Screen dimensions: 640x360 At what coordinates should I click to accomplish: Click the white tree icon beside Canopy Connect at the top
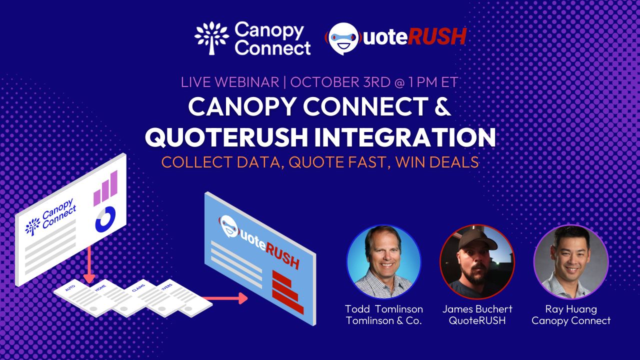coord(211,38)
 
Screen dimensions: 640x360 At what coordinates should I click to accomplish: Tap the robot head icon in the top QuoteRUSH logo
coord(343,38)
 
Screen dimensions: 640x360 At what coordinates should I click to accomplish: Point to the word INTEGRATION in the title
coord(403,137)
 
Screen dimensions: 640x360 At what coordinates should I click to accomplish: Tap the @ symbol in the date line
coord(400,82)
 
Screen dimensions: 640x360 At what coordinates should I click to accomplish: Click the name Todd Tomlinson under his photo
coord(384,309)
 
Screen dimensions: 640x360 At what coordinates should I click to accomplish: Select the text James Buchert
coord(477,309)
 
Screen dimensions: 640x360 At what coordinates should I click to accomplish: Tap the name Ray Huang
coord(571,309)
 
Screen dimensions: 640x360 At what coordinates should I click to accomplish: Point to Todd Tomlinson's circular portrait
coord(383,261)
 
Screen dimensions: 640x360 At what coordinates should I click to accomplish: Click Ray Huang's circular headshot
coord(571,261)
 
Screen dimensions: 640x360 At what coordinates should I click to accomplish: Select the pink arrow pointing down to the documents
coord(89,264)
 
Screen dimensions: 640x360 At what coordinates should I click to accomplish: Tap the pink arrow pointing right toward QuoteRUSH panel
coord(225,298)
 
